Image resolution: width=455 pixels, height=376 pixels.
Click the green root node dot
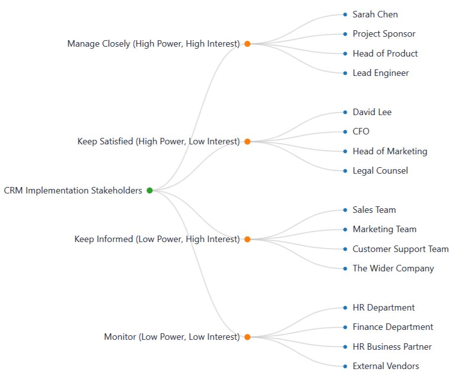[x=149, y=190]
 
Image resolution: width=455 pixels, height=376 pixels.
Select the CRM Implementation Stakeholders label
[x=73, y=190]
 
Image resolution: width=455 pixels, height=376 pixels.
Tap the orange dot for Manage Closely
[x=247, y=44]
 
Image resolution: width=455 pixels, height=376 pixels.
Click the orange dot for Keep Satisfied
[x=247, y=141]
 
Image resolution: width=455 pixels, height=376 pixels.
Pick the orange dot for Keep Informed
[x=247, y=239]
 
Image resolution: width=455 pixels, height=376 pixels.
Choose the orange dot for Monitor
[x=247, y=337]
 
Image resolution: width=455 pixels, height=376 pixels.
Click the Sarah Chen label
[x=375, y=14]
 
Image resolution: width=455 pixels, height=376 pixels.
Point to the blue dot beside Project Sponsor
[x=345, y=34]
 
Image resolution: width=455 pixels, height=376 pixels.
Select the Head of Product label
[x=385, y=54]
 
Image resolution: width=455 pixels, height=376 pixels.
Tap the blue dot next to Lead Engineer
[x=345, y=73]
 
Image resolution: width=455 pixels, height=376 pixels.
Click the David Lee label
[x=372, y=112]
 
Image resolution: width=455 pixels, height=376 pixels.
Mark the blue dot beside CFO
[x=345, y=131]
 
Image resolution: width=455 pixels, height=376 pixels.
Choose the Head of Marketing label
[x=390, y=151]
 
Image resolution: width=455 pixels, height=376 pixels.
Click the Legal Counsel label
[x=380, y=171]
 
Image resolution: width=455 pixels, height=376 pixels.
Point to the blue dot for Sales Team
[x=345, y=210]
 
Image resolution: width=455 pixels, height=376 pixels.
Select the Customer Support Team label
[x=400, y=249]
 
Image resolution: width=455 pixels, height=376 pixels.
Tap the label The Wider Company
[x=393, y=268]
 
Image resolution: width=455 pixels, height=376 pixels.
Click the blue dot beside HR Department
[x=345, y=308]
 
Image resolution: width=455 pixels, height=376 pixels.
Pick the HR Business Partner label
[x=392, y=347]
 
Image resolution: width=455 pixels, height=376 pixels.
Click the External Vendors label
[x=386, y=366]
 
